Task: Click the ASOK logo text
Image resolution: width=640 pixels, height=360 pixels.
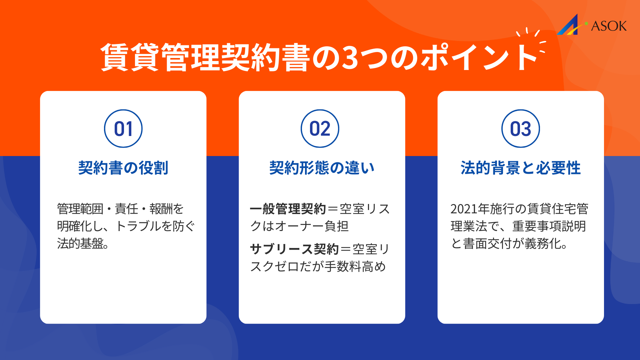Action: (609, 26)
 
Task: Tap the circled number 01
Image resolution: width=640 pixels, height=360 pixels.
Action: (123, 129)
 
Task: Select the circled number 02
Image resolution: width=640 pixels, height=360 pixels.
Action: (320, 129)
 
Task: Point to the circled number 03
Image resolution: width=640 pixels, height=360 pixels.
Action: (521, 129)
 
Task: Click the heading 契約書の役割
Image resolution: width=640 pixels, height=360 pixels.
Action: (123, 168)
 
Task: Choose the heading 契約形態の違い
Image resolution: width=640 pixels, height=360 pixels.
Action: (322, 168)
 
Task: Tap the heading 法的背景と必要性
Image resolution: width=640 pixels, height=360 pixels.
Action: (521, 168)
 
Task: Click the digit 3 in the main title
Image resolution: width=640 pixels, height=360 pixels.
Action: (350, 58)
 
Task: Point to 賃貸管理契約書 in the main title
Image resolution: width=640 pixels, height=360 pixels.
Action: (205, 58)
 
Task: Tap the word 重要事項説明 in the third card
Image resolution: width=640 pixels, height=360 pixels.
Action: (549, 226)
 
